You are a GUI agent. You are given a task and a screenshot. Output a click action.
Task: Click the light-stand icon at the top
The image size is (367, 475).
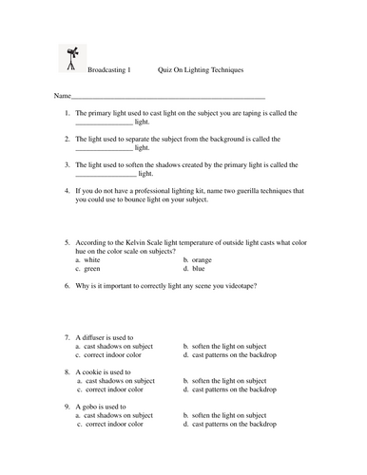click(x=70, y=58)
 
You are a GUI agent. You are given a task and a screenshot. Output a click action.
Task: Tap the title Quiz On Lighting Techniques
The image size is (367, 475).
click(x=201, y=70)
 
